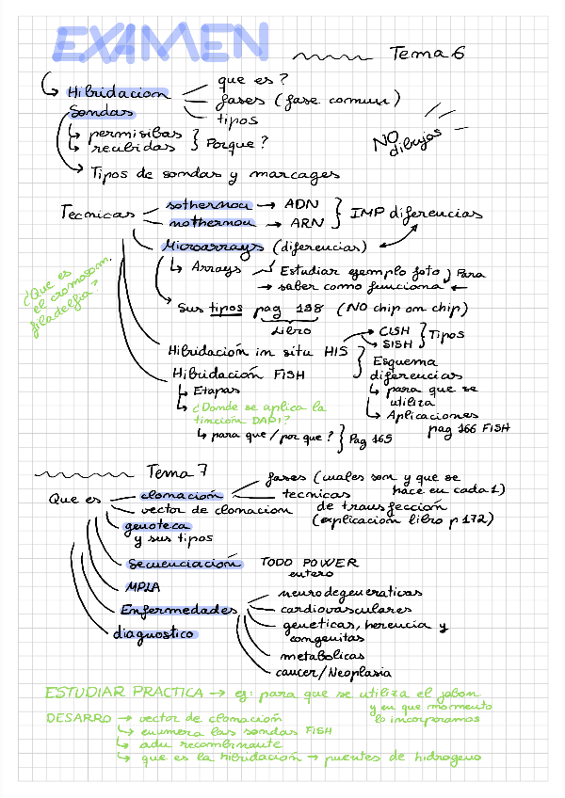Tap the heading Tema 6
(427, 55)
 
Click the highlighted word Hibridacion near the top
(117, 93)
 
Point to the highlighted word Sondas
(101, 113)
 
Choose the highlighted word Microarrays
(212, 247)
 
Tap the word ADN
(301, 203)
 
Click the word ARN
(301, 224)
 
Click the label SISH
(396, 345)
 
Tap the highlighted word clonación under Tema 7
(180, 495)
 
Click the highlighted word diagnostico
(153, 633)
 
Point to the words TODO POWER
(309, 563)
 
